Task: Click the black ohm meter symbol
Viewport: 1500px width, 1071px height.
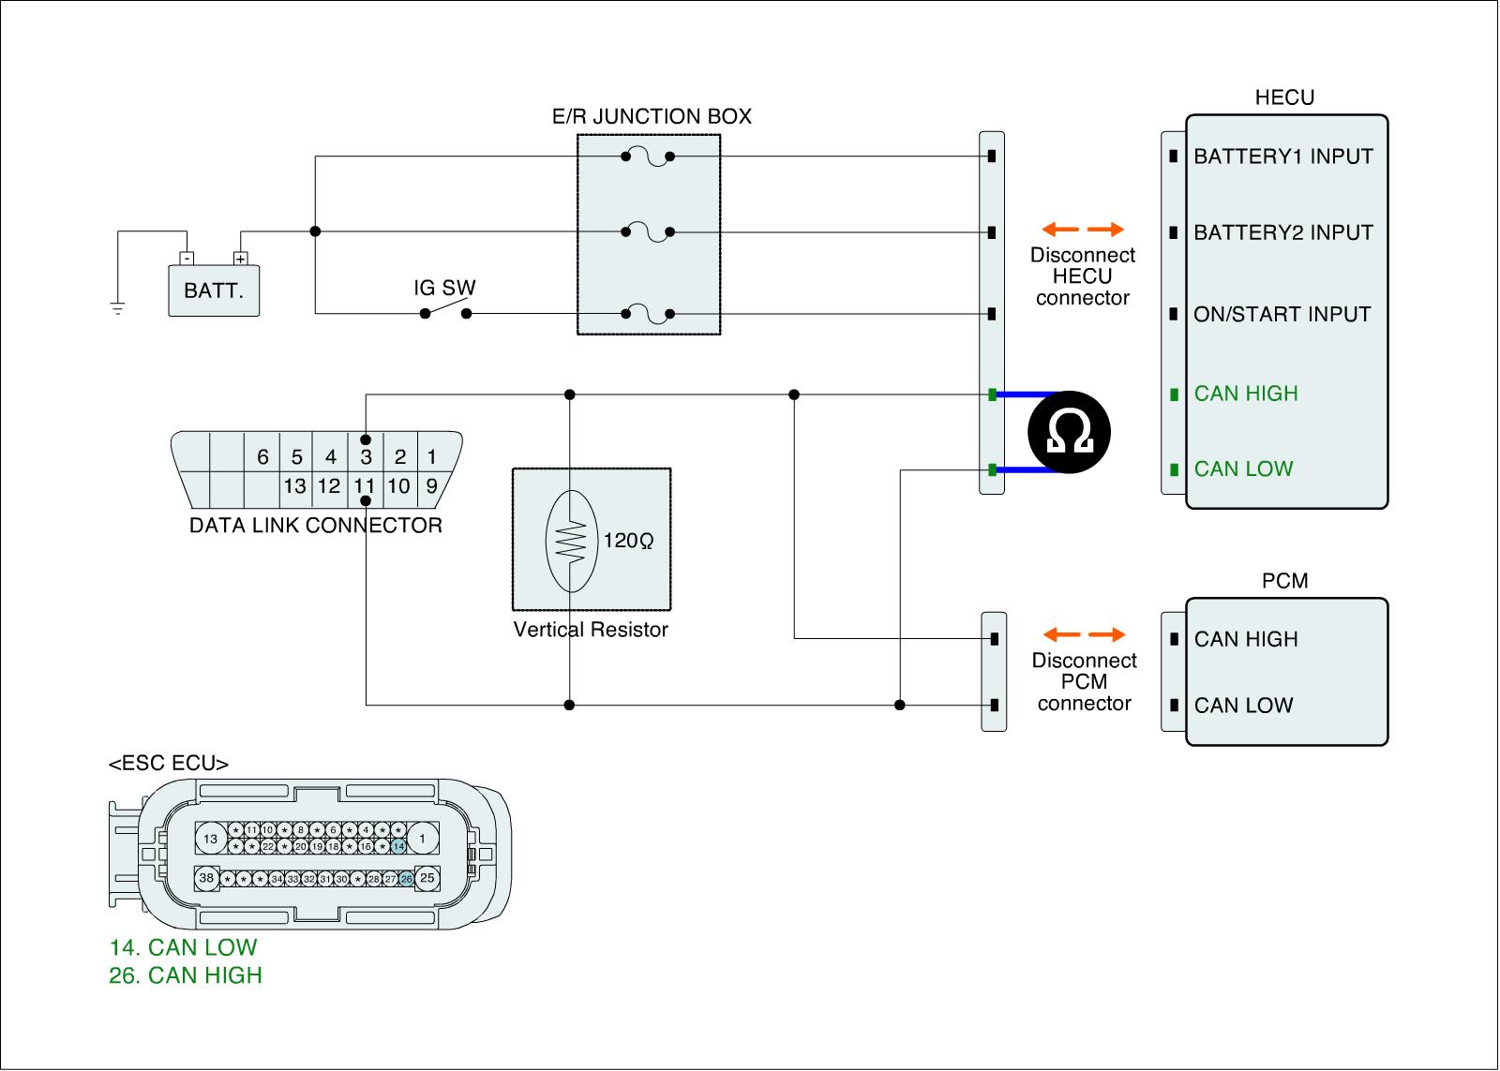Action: click(x=1069, y=432)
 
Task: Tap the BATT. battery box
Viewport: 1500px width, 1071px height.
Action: click(x=214, y=290)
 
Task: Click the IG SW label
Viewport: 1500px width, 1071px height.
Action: click(x=444, y=288)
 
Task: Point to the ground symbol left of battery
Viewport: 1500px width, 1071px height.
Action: click(x=117, y=307)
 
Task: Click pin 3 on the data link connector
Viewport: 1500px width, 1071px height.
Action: click(x=366, y=457)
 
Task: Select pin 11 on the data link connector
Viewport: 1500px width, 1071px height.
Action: click(x=365, y=486)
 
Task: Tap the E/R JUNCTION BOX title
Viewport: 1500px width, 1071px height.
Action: click(x=652, y=117)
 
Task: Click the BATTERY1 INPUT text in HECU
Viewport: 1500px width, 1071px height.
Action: click(x=1282, y=156)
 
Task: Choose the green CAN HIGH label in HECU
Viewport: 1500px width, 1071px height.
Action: click(x=1245, y=394)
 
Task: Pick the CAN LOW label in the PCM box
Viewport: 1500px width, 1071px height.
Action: click(x=1243, y=706)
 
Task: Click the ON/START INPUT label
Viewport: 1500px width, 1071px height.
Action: click(x=1282, y=315)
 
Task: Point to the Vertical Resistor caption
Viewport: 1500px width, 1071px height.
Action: click(x=591, y=630)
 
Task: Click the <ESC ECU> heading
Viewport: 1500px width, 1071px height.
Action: click(x=169, y=764)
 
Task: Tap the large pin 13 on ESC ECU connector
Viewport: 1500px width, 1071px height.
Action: click(x=210, y=839)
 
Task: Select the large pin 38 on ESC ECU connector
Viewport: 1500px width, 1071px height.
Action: click(x=206, y=879)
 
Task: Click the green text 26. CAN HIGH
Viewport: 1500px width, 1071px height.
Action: click(x=186, y=975)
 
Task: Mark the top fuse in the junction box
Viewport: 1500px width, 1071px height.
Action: click(x=648, y=156)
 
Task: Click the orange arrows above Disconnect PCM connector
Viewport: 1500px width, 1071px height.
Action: click(x=1083, y=635)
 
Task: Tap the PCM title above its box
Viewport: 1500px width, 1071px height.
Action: click(x=1284, y=581)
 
